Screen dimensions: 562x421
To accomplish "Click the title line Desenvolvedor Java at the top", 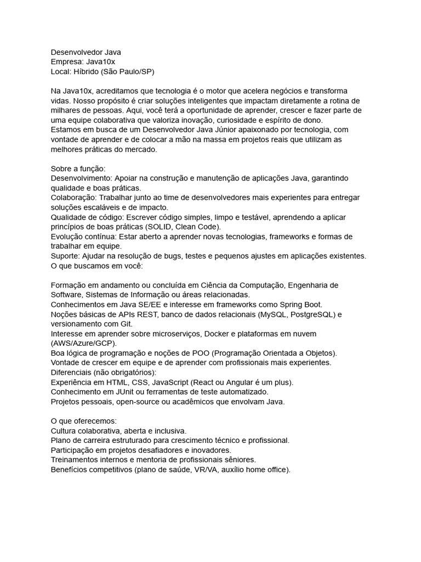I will pos(86,52).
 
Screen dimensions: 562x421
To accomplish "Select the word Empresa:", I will pos(67,62).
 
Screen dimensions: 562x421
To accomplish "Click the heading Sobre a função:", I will pos(78,168).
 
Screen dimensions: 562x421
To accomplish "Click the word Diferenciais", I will pos(72,373).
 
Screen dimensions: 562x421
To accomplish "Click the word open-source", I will pos(133,402).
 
